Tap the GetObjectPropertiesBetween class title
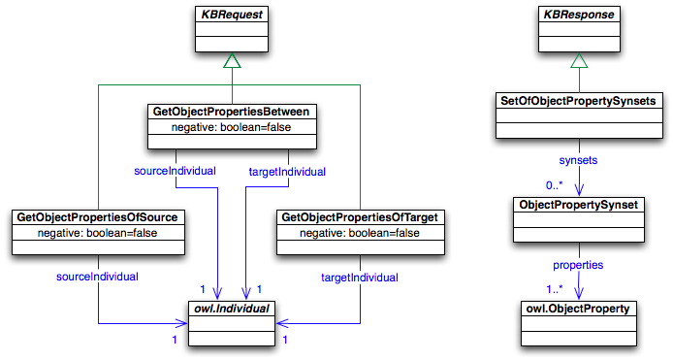[231, 112]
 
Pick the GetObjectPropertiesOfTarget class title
[362, 217]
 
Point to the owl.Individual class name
[231, 310]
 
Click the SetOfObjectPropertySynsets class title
[578, 100]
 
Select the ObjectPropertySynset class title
[578, 205]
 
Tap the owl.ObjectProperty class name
[578, 310]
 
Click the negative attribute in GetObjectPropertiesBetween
[231, 127]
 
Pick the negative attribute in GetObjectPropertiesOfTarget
[362, 233]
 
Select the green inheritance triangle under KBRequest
[231, 60]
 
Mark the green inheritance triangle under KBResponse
[578, 60]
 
